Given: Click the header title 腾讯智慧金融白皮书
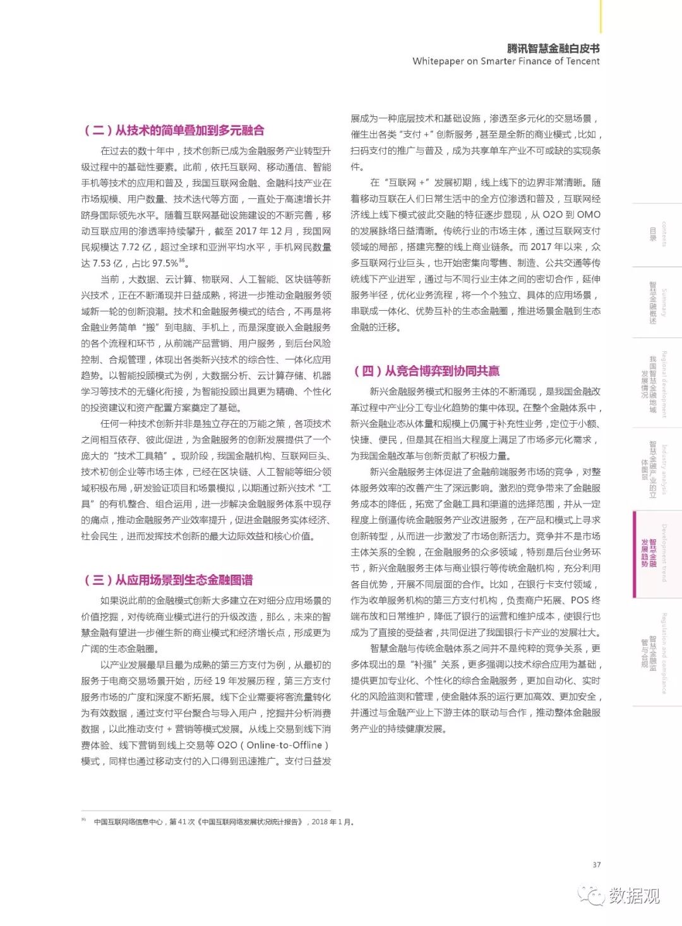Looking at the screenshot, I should (553, 48).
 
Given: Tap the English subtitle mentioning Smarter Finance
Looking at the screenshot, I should (506, 61).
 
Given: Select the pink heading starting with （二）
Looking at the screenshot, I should (174, 131).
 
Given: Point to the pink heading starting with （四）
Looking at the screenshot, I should (426, 371).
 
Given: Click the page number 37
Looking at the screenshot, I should (597, 865).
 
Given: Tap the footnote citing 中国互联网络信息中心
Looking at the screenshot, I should (224, 822).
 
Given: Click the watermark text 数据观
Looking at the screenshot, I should (634, 895).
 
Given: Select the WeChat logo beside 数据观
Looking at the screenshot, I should (592, 895).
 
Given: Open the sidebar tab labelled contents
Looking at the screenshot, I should (657, 234).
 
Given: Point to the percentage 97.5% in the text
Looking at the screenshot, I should (165, 263).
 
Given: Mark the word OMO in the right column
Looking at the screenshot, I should (589, 215).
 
